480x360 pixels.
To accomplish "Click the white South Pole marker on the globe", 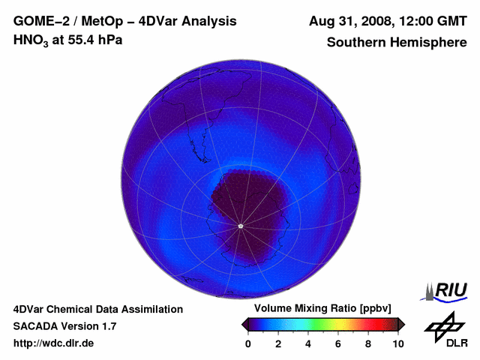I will click(240, 226).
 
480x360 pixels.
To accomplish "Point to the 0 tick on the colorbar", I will click(248, 343).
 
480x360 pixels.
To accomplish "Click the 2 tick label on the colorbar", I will click(278, 343).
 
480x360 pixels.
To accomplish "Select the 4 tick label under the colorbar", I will click(308, 343).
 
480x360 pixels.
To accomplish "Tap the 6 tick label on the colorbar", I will click(338, 343).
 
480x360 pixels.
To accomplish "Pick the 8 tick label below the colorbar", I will click(368, 343).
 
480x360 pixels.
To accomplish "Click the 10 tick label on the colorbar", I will click(398, 343).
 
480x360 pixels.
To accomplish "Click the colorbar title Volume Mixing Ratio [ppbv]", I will click(322, 309).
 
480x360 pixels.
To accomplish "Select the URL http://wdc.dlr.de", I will click(54, 343).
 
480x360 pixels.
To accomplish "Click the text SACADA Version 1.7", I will click(64, 326).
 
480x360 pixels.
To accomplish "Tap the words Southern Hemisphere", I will click(397, 42).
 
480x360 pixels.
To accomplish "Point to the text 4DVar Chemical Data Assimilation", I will click(98, 309).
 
